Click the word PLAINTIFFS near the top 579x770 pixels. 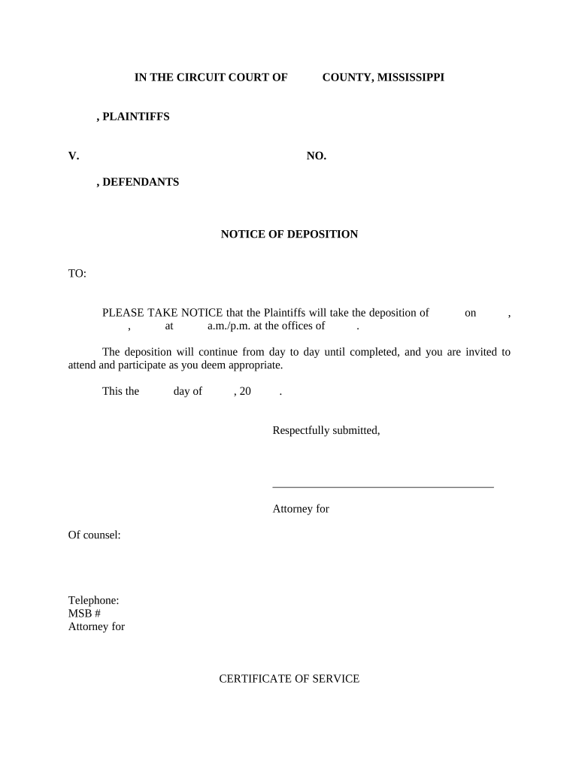136,117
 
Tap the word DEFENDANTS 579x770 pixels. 141,182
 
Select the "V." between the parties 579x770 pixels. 74,156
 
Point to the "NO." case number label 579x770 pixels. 317,156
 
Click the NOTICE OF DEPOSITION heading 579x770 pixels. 289,235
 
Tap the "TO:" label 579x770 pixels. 77,274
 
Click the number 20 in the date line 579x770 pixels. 245,392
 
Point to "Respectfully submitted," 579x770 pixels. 326,431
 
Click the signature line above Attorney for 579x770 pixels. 383,487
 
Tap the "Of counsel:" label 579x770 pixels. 95,535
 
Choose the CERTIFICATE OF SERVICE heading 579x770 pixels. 289,679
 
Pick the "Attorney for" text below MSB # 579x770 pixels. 96,626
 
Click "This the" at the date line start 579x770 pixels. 120,392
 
